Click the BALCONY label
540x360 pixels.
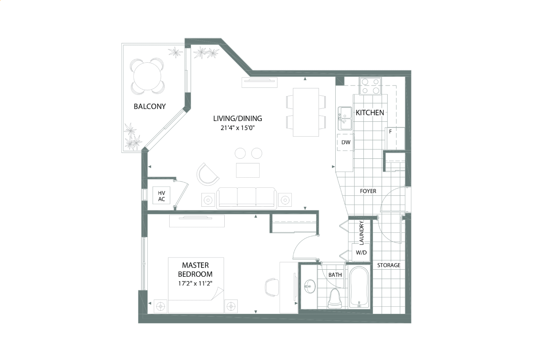pyautogui.click(x=150, y=106)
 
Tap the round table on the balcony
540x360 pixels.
pyautogui.click(x=147, y=76)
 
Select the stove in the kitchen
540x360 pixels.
pyautogui.click(x=370, y=86)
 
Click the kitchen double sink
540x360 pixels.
pyautogui.click(x=345, y=118)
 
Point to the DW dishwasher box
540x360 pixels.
pyautogui.click(x=345, y=142)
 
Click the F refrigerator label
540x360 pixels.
pyautogui.click(x=391, y=131)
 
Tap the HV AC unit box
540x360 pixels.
pyautogui.click(x=162, y=196)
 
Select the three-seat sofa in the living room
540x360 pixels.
pyautogui.click(x=247, y=198)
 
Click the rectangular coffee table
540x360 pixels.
pyautogui.click(x=248, y=170)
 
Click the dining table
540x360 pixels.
pyautogui.click(x=306, y=112)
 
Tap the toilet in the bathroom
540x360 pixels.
pyautogui.click(x=335, y=299)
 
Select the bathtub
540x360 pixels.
pyautogui.click(x=359, y=287)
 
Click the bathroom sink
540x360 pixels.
pyautogui.click(x=310, y=286)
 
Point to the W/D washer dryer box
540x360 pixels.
pyautogui.click(x=361, y=252)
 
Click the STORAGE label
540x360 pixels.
pyautogui.click(x=389, y=265)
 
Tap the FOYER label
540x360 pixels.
pyautogui.click(x=368, y=191)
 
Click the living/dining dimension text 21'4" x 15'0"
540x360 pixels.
pyautogui.click(x=237, y=128)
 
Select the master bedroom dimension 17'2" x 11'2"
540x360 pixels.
pyautogui.click(x=195, y=283)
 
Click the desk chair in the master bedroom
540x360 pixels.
pyautogui.click(x=272, y=287)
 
